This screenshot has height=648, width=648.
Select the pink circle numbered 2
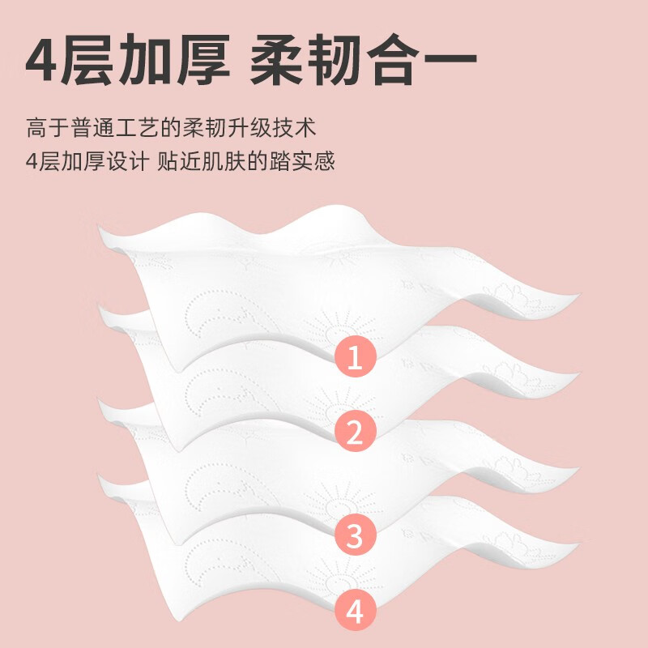pos(354,434)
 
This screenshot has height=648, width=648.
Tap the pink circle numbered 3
pos(354,534)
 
